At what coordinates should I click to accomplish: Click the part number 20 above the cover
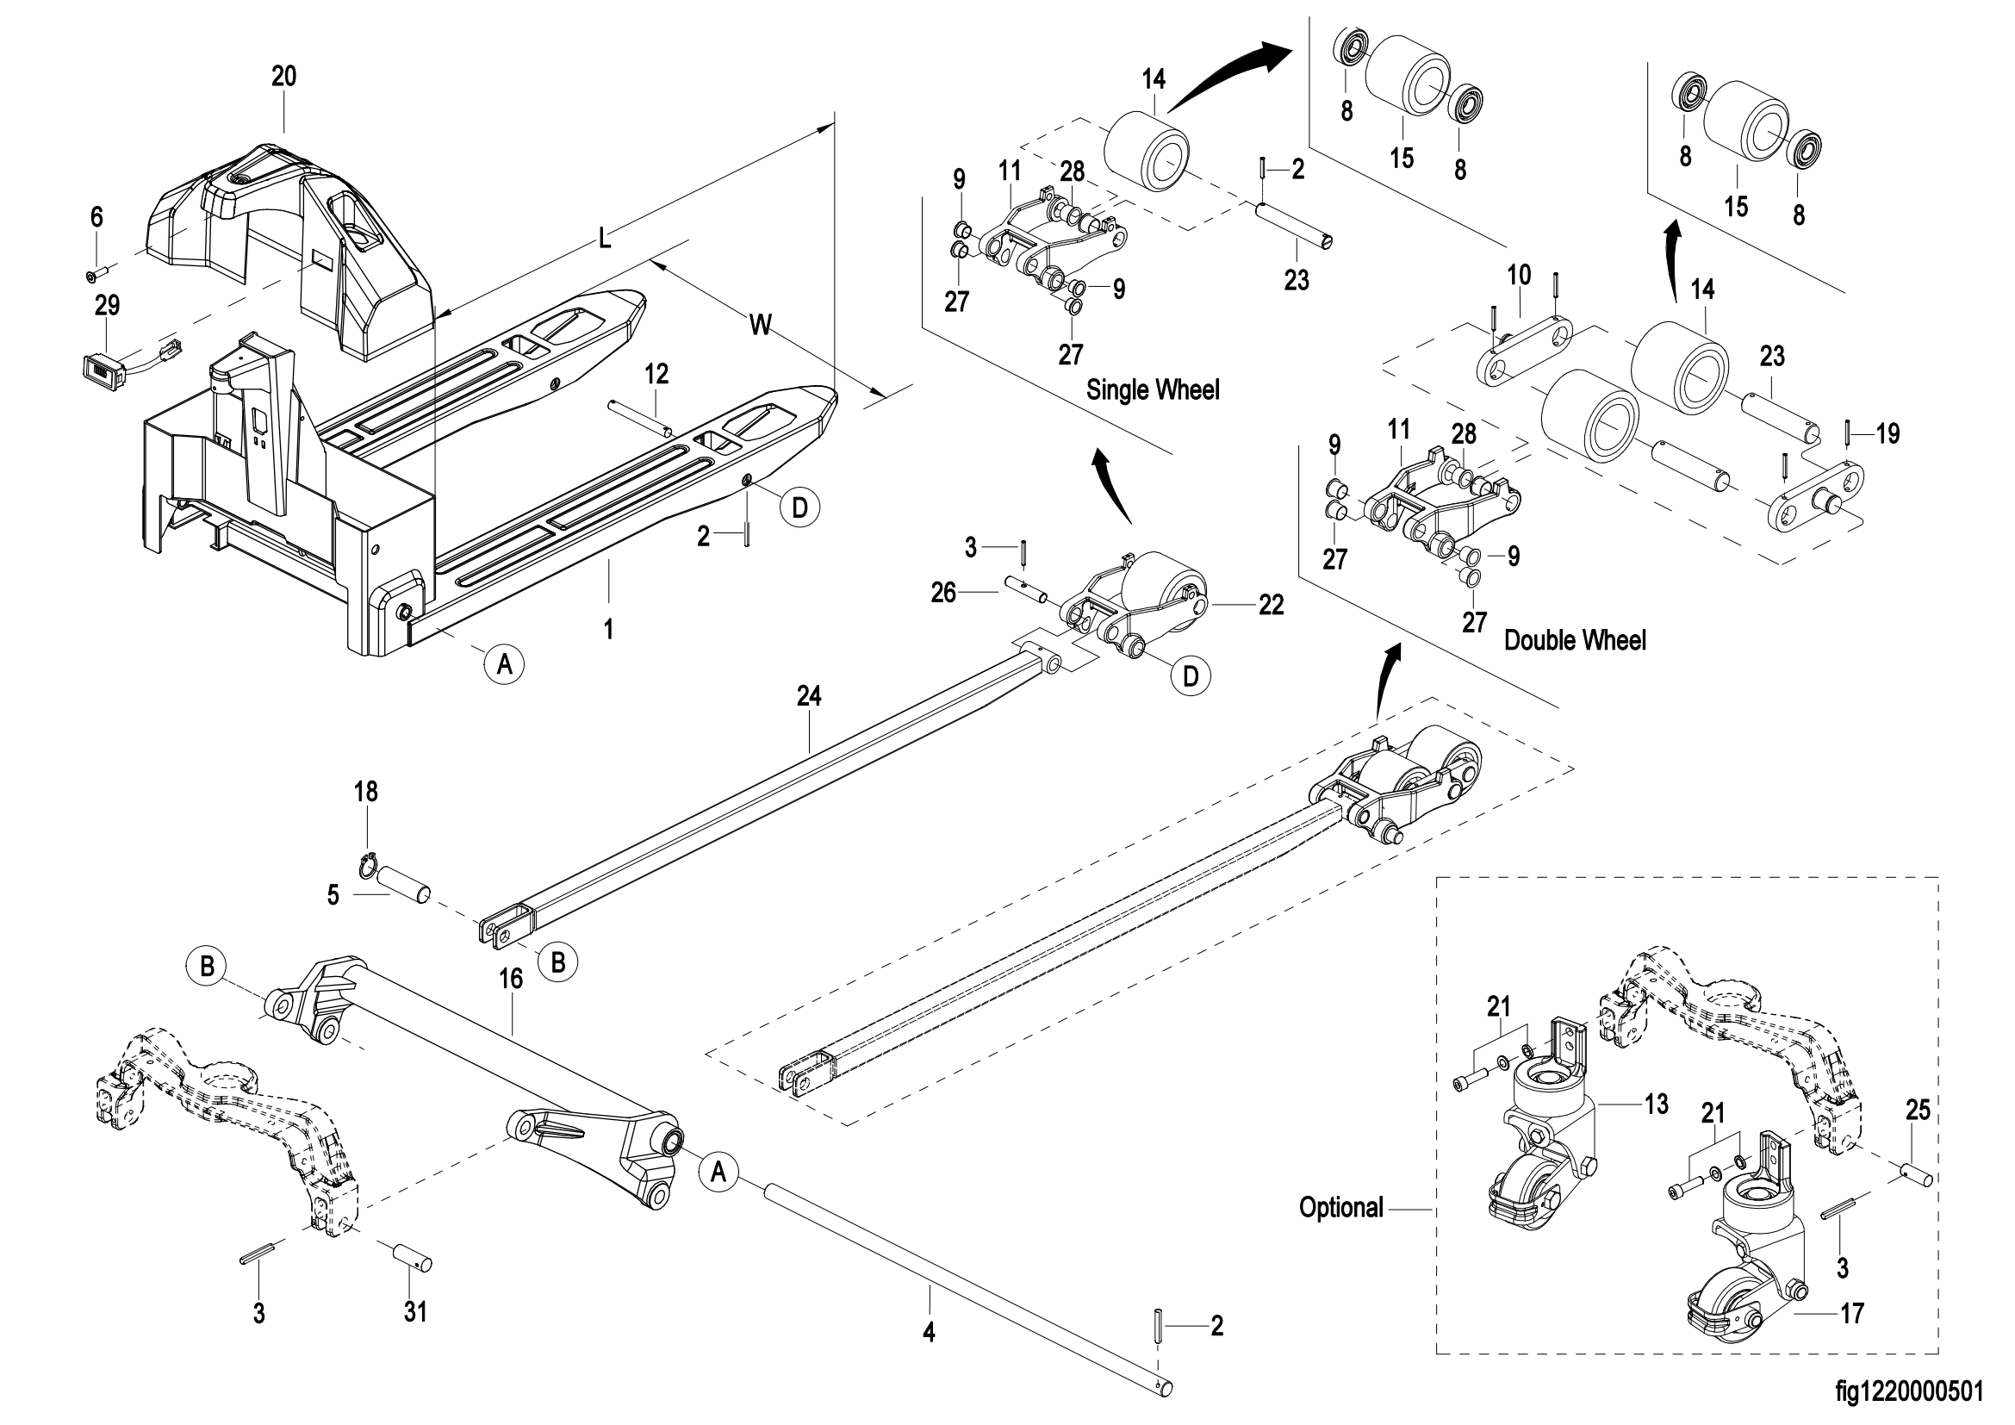[283, 78]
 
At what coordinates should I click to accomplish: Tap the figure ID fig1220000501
[1909, 1391]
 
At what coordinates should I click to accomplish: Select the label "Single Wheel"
[1153, 389]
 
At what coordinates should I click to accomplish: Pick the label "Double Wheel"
[1575, 639]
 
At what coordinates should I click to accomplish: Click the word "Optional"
[1340, 1207]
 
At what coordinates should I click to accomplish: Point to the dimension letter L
[605, 237]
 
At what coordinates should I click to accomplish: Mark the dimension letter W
[760, 326]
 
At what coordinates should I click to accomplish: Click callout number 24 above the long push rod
[808, 696]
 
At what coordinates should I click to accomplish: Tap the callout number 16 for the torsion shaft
[511, 979]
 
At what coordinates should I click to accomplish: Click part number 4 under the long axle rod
[929, 1333]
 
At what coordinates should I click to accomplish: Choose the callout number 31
[415, 1312]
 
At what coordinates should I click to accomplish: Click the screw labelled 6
[94, 276]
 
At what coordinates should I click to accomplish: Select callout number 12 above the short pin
[656, 375]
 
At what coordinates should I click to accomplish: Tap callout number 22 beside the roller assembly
[1271, 605]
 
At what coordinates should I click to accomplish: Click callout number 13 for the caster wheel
[1656, 1103]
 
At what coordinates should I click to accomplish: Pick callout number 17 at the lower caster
[1852, 1314]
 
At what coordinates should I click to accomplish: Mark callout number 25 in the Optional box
[1918, 1110]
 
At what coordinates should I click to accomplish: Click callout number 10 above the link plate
[1518, 275]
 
